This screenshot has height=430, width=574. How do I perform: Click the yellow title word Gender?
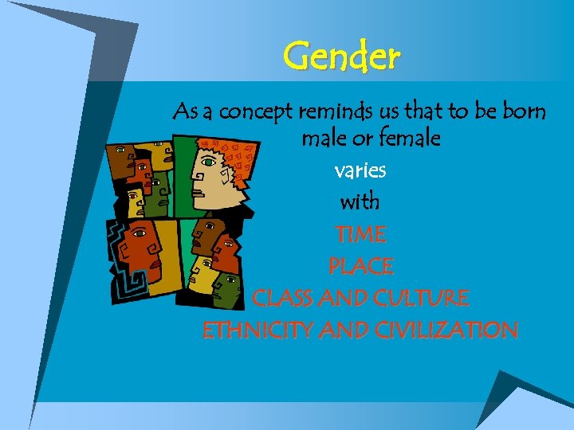[341, 57]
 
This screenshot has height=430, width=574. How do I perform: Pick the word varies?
[360, 170]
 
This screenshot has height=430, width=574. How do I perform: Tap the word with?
[360, 202]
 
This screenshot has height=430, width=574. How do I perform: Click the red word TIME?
[360, 234]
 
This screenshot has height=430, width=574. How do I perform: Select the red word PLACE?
[360, 266]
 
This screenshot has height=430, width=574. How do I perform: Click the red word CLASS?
[282, 298]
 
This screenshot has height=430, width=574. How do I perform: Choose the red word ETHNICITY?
[258, 330]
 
